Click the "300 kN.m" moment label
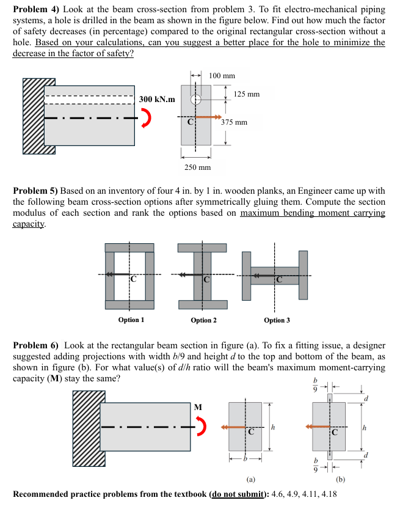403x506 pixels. pos(156,99)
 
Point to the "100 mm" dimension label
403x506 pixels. pos(222,76)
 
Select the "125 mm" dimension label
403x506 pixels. pos(247,94)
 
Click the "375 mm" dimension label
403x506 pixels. pos(234,122)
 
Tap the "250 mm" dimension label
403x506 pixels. pos(197,167)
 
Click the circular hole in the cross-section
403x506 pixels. pos(195,99)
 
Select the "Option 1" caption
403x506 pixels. pos(131,320)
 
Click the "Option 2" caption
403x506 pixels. pos(203,320)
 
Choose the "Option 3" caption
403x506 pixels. pos(277,320)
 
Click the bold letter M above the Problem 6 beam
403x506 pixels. pos(197,407)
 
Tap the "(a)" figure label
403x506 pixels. pos(250,480)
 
